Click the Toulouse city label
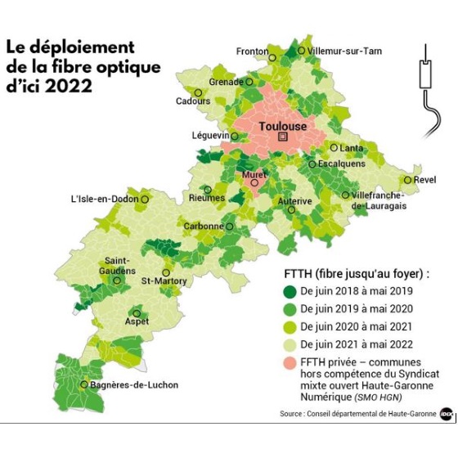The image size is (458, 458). (282, 126)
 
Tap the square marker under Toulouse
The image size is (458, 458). (283, 138)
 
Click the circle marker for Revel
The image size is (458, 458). (406, 180)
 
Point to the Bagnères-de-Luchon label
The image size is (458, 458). (134, 384)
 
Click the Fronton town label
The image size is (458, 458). (252, 52)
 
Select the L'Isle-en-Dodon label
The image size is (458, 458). (103, 199)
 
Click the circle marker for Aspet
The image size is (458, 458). (137, 312)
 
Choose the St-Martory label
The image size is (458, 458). (164, 281)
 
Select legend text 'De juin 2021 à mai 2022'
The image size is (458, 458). (357, 343)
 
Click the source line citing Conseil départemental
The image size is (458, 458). (357, 414)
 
